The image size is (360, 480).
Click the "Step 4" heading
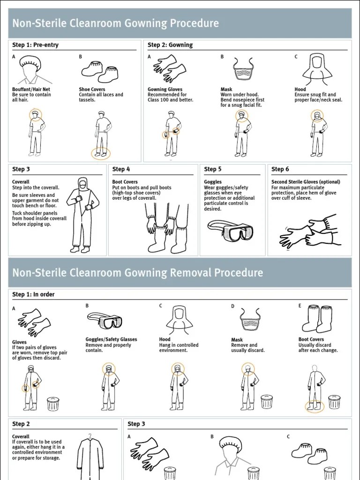coord(121,169)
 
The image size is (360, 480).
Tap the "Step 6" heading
coord(280,169)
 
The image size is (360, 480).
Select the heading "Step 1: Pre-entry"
coord(35,45)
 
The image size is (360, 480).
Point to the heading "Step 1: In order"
coord(33,294)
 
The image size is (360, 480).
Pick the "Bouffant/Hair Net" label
coord(31,90)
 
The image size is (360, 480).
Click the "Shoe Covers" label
coord(92,90)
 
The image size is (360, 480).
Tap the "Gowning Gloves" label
coord(165,90)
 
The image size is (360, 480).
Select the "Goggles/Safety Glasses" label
coord(111,339)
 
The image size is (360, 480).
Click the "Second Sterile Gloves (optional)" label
coord(306,182)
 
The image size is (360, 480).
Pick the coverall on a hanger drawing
coord(90,457)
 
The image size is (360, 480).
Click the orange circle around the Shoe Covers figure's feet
coord(101,153)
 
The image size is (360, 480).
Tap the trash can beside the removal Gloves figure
coord(53,404)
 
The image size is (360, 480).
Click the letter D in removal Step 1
coord(232,306)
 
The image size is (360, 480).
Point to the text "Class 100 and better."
coord(170,100)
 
